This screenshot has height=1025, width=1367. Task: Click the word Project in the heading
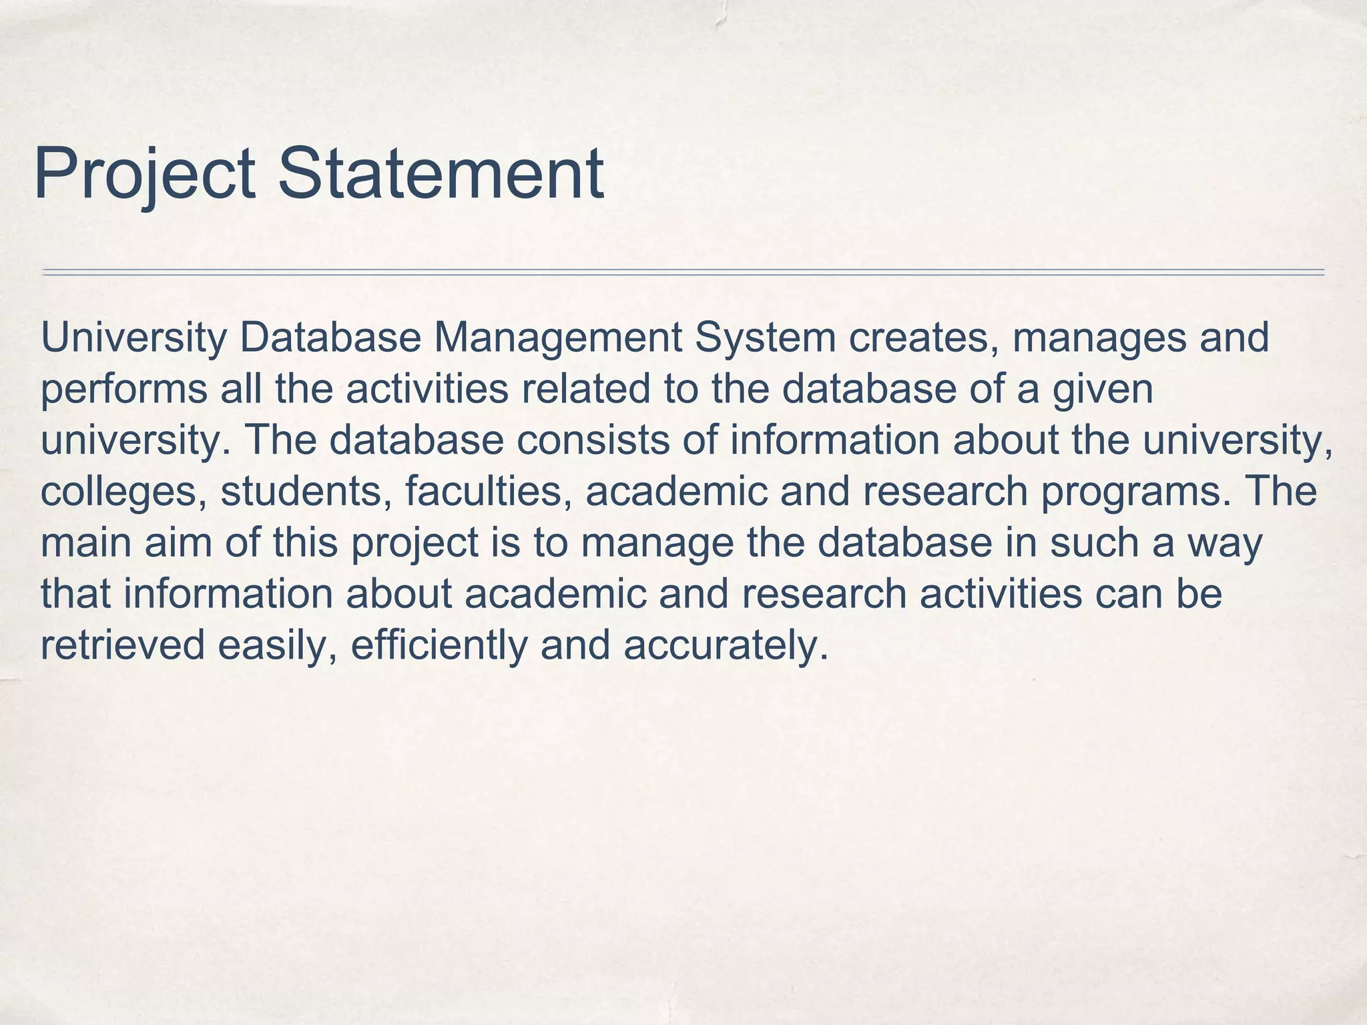pos(144,175)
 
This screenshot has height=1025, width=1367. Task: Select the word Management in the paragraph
pos(557,339)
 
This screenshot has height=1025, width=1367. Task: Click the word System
pos(765,338)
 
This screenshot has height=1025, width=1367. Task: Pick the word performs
pos(124,390)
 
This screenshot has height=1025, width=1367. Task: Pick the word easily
pos(276,646)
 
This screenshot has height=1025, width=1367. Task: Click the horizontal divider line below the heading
pos(682,272)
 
